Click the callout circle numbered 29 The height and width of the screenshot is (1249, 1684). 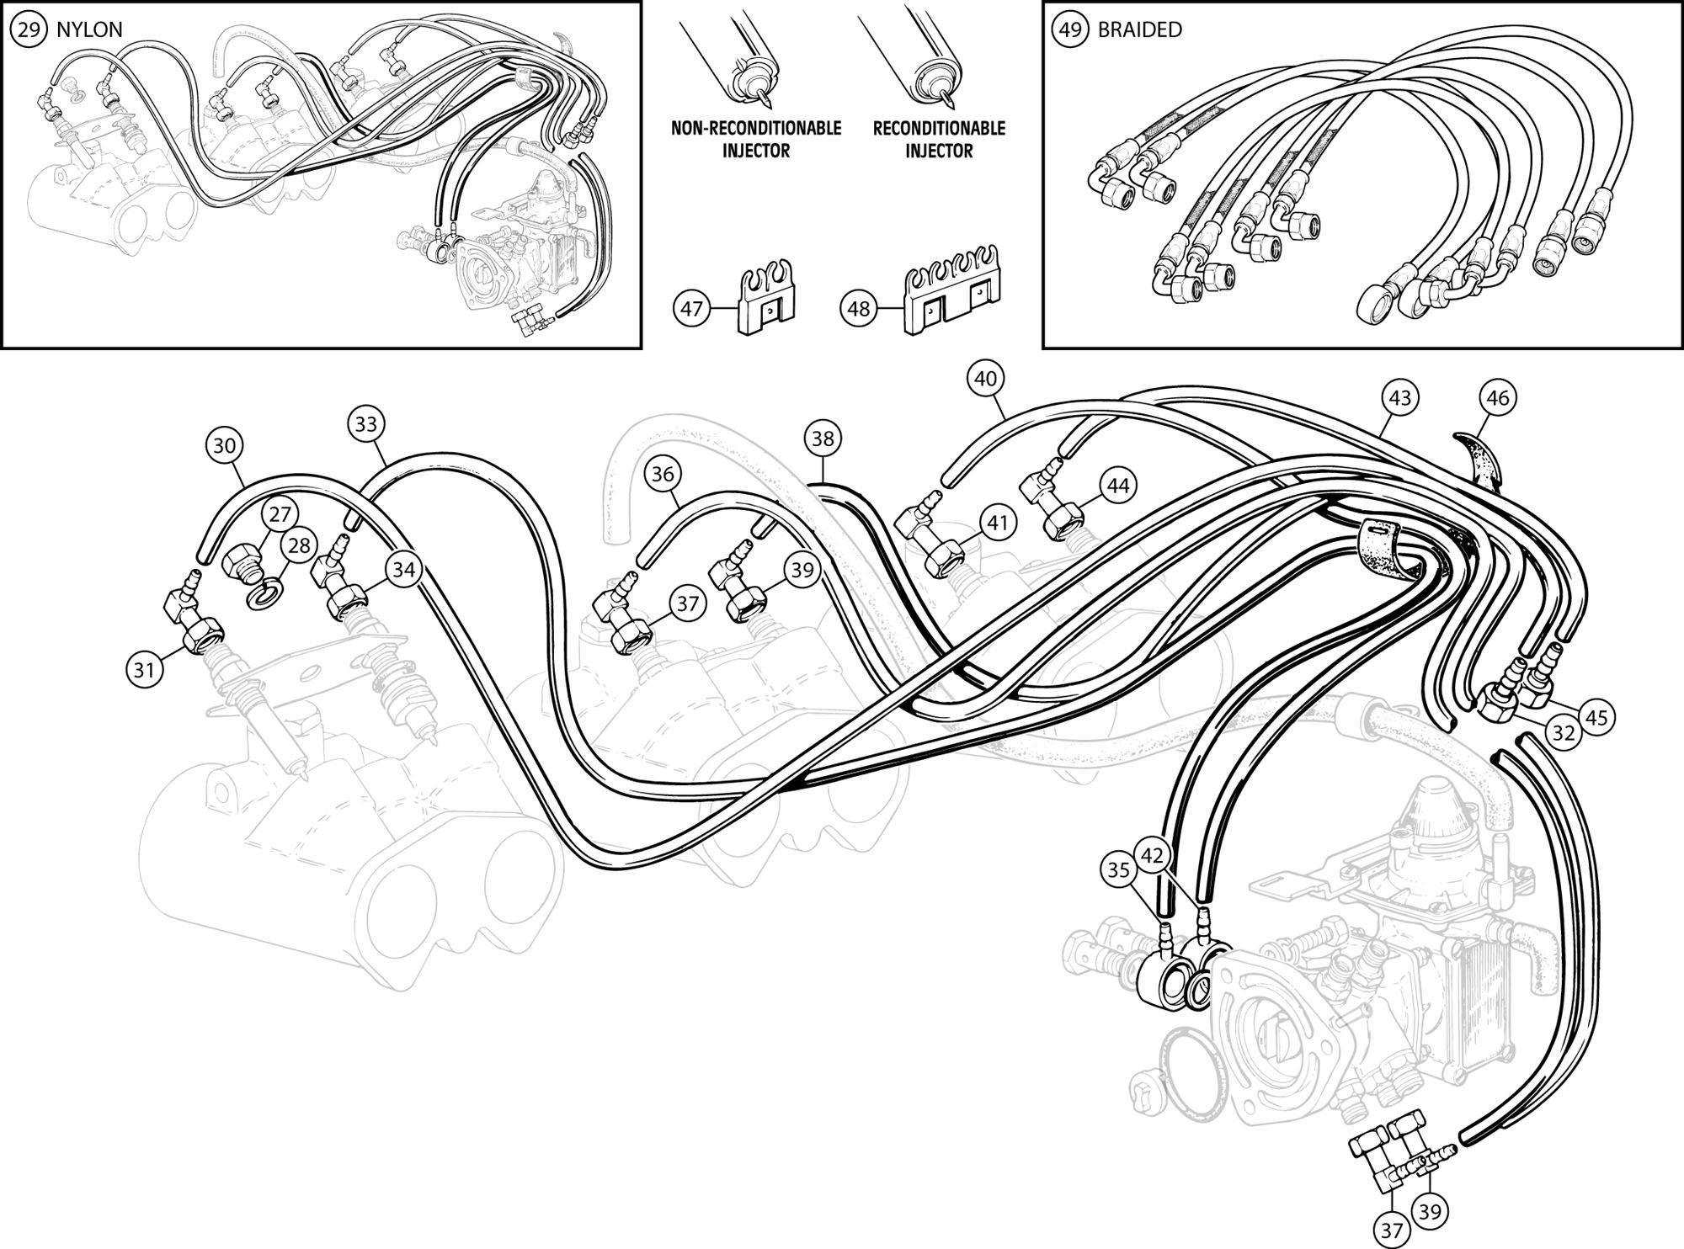(29, 29)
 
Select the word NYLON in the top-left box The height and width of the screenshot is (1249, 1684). (89, 29)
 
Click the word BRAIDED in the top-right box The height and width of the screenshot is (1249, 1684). (1139, 29)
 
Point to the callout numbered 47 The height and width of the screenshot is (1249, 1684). (691, 310)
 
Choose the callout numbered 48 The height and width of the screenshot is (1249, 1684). (858, 310)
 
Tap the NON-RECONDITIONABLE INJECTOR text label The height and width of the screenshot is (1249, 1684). (755, 140)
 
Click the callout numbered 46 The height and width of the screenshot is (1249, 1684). (1498, 396)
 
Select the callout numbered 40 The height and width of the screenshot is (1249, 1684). (985, 379)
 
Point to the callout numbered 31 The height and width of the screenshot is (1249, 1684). (143, 670)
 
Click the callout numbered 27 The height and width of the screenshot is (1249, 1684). (278, 515)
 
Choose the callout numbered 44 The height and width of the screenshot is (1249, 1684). (1117, 485)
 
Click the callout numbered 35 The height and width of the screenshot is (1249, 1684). (1118, 871)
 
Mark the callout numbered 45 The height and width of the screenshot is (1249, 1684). (1596, 717)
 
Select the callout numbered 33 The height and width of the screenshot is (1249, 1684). (365, 424)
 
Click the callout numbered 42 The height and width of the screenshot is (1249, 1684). (1152, 856)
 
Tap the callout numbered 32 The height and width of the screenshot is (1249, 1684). (1564, 733)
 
